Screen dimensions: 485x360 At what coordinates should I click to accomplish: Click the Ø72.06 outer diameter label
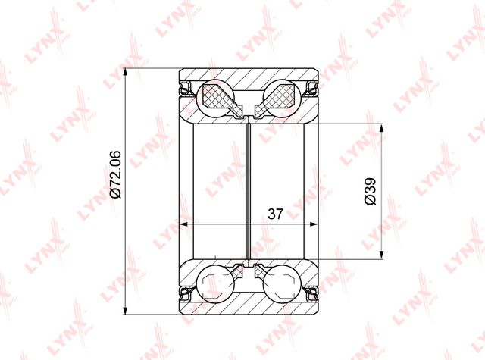click(115, 174)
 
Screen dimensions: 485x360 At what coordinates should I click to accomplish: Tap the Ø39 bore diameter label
click(370, 191)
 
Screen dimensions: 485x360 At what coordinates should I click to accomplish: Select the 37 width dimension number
click(275, 214)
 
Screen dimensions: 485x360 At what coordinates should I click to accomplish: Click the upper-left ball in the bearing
click(216, 99)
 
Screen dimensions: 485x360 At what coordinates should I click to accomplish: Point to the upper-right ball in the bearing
click(281, 99)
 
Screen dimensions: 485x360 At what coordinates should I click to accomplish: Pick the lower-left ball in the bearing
click(216, 283)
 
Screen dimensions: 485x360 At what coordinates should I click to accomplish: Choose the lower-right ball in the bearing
click(281, 283)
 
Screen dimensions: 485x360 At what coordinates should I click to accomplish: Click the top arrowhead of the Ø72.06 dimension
click(125, 73)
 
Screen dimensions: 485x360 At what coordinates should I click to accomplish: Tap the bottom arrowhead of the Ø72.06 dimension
click(125, 310)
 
